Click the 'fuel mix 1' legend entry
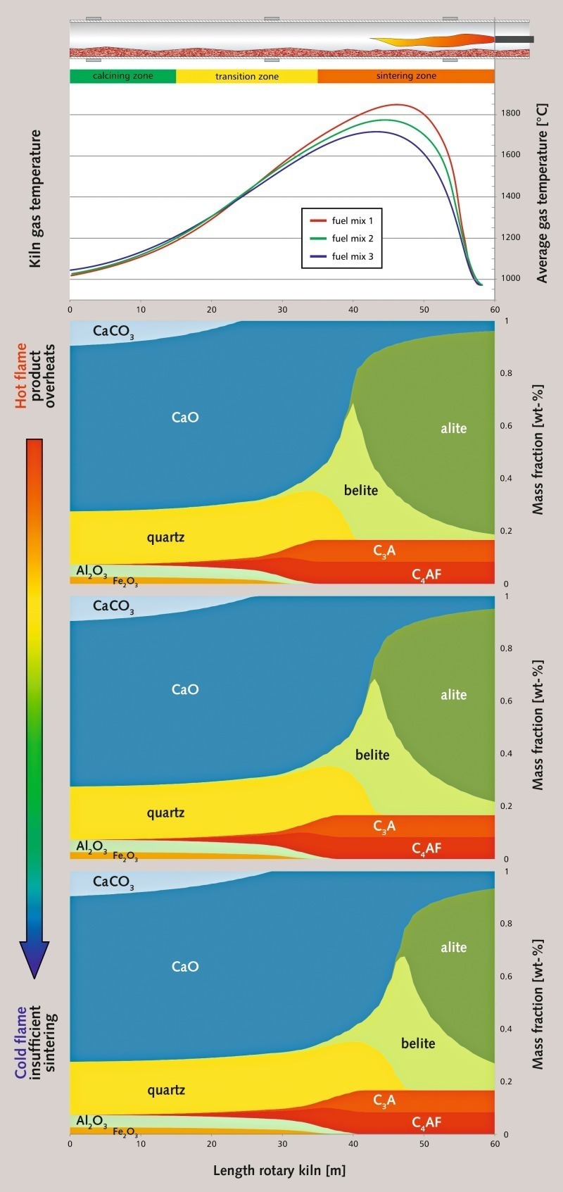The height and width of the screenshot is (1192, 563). pyautogui.click(x=352, y=221)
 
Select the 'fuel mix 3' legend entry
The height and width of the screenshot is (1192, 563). pyautogui.click(x=352, y=257)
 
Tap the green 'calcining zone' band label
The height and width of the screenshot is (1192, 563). pyautogui.click(x=122, y=76)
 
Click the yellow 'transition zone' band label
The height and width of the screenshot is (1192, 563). pyautogui.click(x=246, y=76)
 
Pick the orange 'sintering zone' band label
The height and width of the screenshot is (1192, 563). pyautogui.click(x=406, y=76)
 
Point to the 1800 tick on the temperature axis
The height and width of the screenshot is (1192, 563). pyautogui.click(x=510, y=113)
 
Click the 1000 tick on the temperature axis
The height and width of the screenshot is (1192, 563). pyautogui.click(x=510, y=278)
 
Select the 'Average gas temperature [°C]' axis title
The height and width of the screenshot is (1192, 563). pyautogui.click(x=542, y=194)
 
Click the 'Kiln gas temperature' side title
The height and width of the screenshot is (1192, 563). pyautogui.click(x=35, y=199)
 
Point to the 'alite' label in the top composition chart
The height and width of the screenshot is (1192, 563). pyautogui.click(x=453, y=428)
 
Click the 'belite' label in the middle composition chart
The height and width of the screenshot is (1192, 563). pyautogui.click(x=372, y=755)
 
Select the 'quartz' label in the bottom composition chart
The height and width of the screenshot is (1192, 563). pyautogui.click(x=166, y=1090)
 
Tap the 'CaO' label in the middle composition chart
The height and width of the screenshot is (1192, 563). pyautogui.click(x=185, y=689)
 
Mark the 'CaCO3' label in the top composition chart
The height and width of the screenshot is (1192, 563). pyautogui.click(x=113, y=331)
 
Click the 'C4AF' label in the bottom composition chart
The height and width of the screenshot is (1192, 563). pyautogui.click(x=426, y=1122)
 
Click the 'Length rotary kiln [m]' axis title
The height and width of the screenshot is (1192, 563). pyautogui.click(x=279, y=1171)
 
